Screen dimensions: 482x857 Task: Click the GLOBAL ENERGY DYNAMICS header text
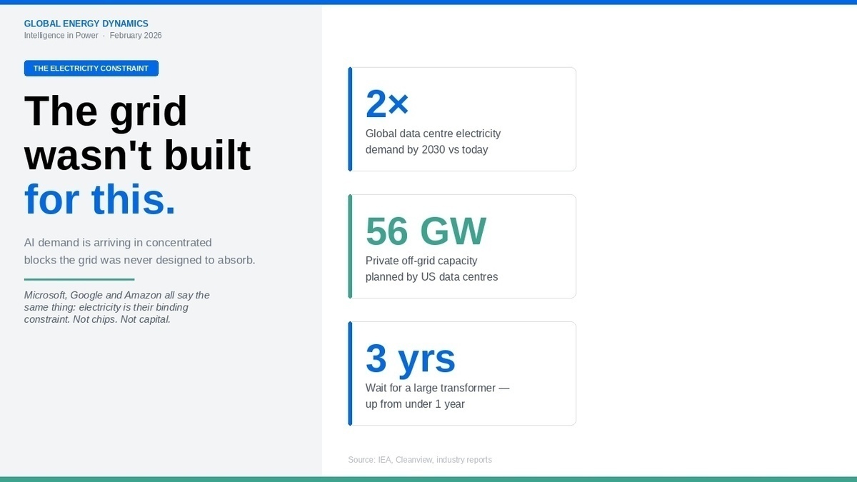tap(86, 24)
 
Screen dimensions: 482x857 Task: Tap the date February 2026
tap(136, 36)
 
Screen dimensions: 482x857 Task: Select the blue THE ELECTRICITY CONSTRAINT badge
tap(91, 69)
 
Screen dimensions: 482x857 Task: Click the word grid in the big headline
tap(148, 111)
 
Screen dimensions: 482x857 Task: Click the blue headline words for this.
tap(100, 200)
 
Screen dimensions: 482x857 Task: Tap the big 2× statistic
tap(386, 104)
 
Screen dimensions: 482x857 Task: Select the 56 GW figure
tap(426, 231)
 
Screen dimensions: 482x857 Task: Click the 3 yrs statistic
tap(410, 358)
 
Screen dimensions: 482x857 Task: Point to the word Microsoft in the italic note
tap(47, 295)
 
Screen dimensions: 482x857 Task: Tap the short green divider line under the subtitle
tap(79, 279)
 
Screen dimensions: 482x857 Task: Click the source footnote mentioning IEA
tap(420, 460)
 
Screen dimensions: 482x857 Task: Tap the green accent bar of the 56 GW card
tap(350, 246)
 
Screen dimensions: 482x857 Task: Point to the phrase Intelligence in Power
tap(61, 36)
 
